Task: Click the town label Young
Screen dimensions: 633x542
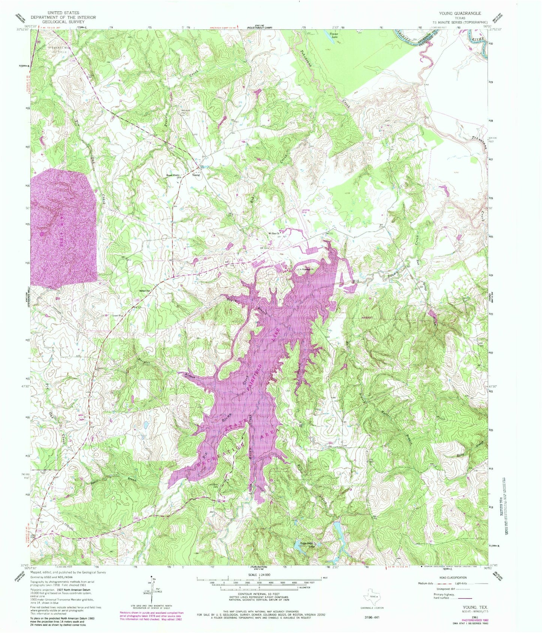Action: click(x=196, y=175)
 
